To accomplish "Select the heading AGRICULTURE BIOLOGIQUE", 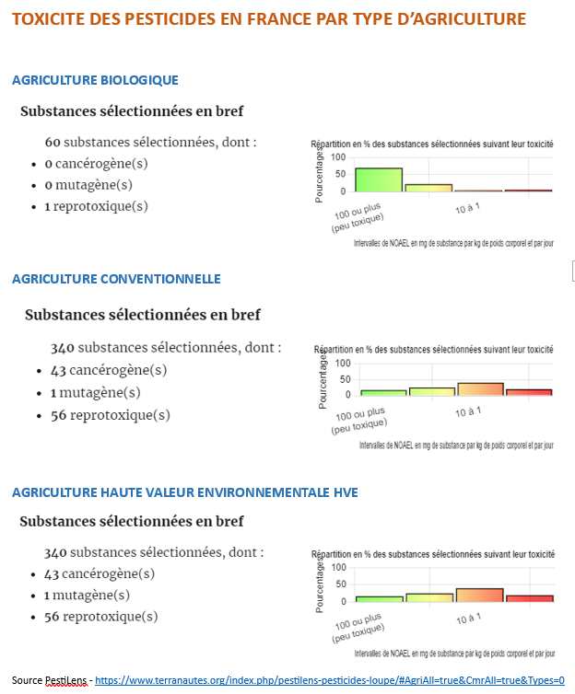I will coord(95,80).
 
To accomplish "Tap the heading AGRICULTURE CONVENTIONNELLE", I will coord(116,279).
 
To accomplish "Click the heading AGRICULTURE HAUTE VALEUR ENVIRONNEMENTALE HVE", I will coord(184,492).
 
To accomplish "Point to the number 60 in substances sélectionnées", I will coord(53,143).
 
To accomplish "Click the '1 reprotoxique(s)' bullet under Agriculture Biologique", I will coord(96,206).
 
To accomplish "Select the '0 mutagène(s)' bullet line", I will coord(88,185).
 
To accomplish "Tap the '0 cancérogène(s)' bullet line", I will coord(96,164).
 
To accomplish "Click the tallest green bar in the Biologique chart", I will coord(379,179).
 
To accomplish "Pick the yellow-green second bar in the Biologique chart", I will coord(428,188).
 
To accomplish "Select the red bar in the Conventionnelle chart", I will coord(529,392).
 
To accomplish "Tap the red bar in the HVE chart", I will coord(529,598).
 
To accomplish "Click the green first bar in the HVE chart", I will coord(379,599).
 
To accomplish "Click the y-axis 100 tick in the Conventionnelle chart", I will coord(341,363).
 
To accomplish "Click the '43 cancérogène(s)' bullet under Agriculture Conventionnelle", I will coord(105,371).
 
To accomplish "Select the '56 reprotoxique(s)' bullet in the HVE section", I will coord(100,617).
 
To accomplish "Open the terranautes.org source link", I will coord(330,680).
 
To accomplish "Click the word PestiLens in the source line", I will coord(66,680).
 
